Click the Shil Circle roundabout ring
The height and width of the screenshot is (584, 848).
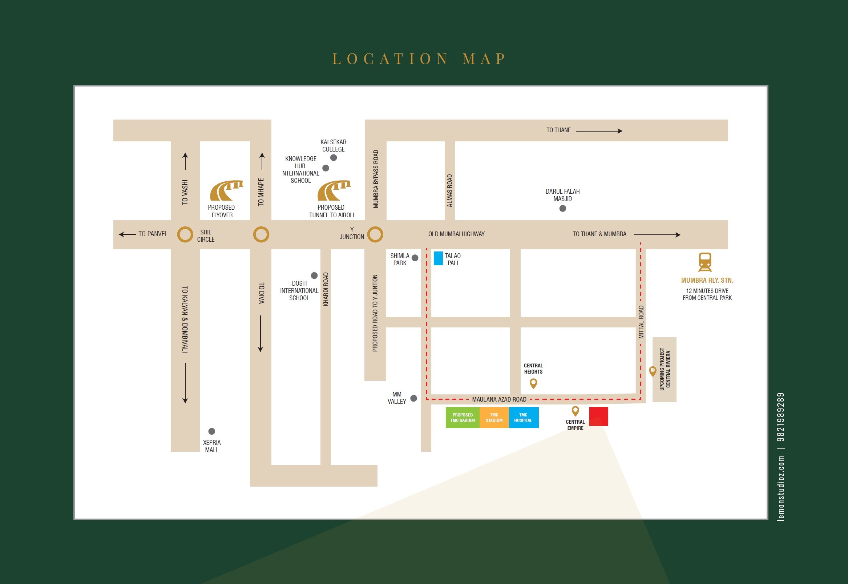pyautogui.click(x=185, y=234)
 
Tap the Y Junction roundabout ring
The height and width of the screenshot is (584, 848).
pyautogui.click(x=375, y=234)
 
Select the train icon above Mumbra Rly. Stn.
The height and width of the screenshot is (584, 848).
pyautogui.click(x=704, y=262)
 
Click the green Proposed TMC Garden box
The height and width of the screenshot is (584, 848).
pyautogui.click(x=463, y=418)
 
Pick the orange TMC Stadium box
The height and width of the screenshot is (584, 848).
pyautogui.click(x=494, y=418)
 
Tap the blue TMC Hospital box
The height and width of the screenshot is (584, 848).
pyautogui.click(x=523, y=418)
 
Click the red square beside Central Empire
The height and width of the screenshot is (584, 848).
pyautogui.click(x=598, y=416)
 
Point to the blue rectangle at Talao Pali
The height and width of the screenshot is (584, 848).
pyautogui.click(x=438, y=258)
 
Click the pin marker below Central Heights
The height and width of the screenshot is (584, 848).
pyautogui.click(x=533, y=383)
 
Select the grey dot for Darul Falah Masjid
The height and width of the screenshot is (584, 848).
pyautogui.click(x=563, y=209)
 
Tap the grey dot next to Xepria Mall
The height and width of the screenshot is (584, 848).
pyautogui.click(x=211, y=431)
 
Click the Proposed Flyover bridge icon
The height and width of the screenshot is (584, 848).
pyautogui.click(x=226, y=191)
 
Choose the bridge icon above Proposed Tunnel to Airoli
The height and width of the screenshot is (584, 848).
pyautogui.click(x=334, y=191)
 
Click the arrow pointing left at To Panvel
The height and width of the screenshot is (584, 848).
pyautogui.click(x=127, y=234)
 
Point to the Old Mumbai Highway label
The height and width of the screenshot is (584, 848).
pyautogui.click(x=456, y=234)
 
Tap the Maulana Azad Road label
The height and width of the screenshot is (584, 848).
pyautogui.click(x=499, y=400)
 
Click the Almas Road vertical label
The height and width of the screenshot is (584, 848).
pyautogui.click(x=449, y=191)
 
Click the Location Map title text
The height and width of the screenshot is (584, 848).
pyautogui.click(x=419, y=59)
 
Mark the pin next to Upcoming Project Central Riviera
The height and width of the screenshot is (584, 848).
pyautogui.click(x=652, y=371)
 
